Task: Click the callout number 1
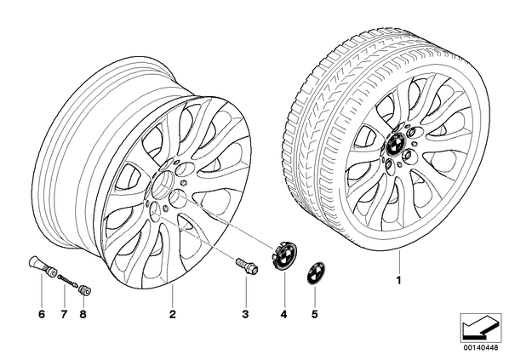pyautogui.click(x=399, y=280)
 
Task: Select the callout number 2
pyautogui.click(x=173, y=314)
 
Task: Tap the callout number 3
pyautogui.click(x=245, y=314)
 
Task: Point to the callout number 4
pyautogui.click(x=283, y=314)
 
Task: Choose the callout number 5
pyautogui.click(x=314, y=314)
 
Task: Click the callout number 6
pyautogui.click(x=42, y=314)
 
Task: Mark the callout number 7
pyautogui.click(x=64, y=314)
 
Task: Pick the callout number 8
pyautogui.click(x=83, y=314)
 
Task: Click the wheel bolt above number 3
pyautogui.click(x=247, y=266)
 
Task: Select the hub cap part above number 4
pyautogui.click(x=281, y=257)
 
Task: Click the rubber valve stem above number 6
pyautogui.click(x=42, y=266)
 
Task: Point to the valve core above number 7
pyautogui.click(x=68, y=281)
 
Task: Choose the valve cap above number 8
pyautogui.click(x=85, y=290)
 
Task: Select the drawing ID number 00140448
pyautogui.click(x=480, y=348)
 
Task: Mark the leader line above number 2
pyautogui.click(x=173, y=294)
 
